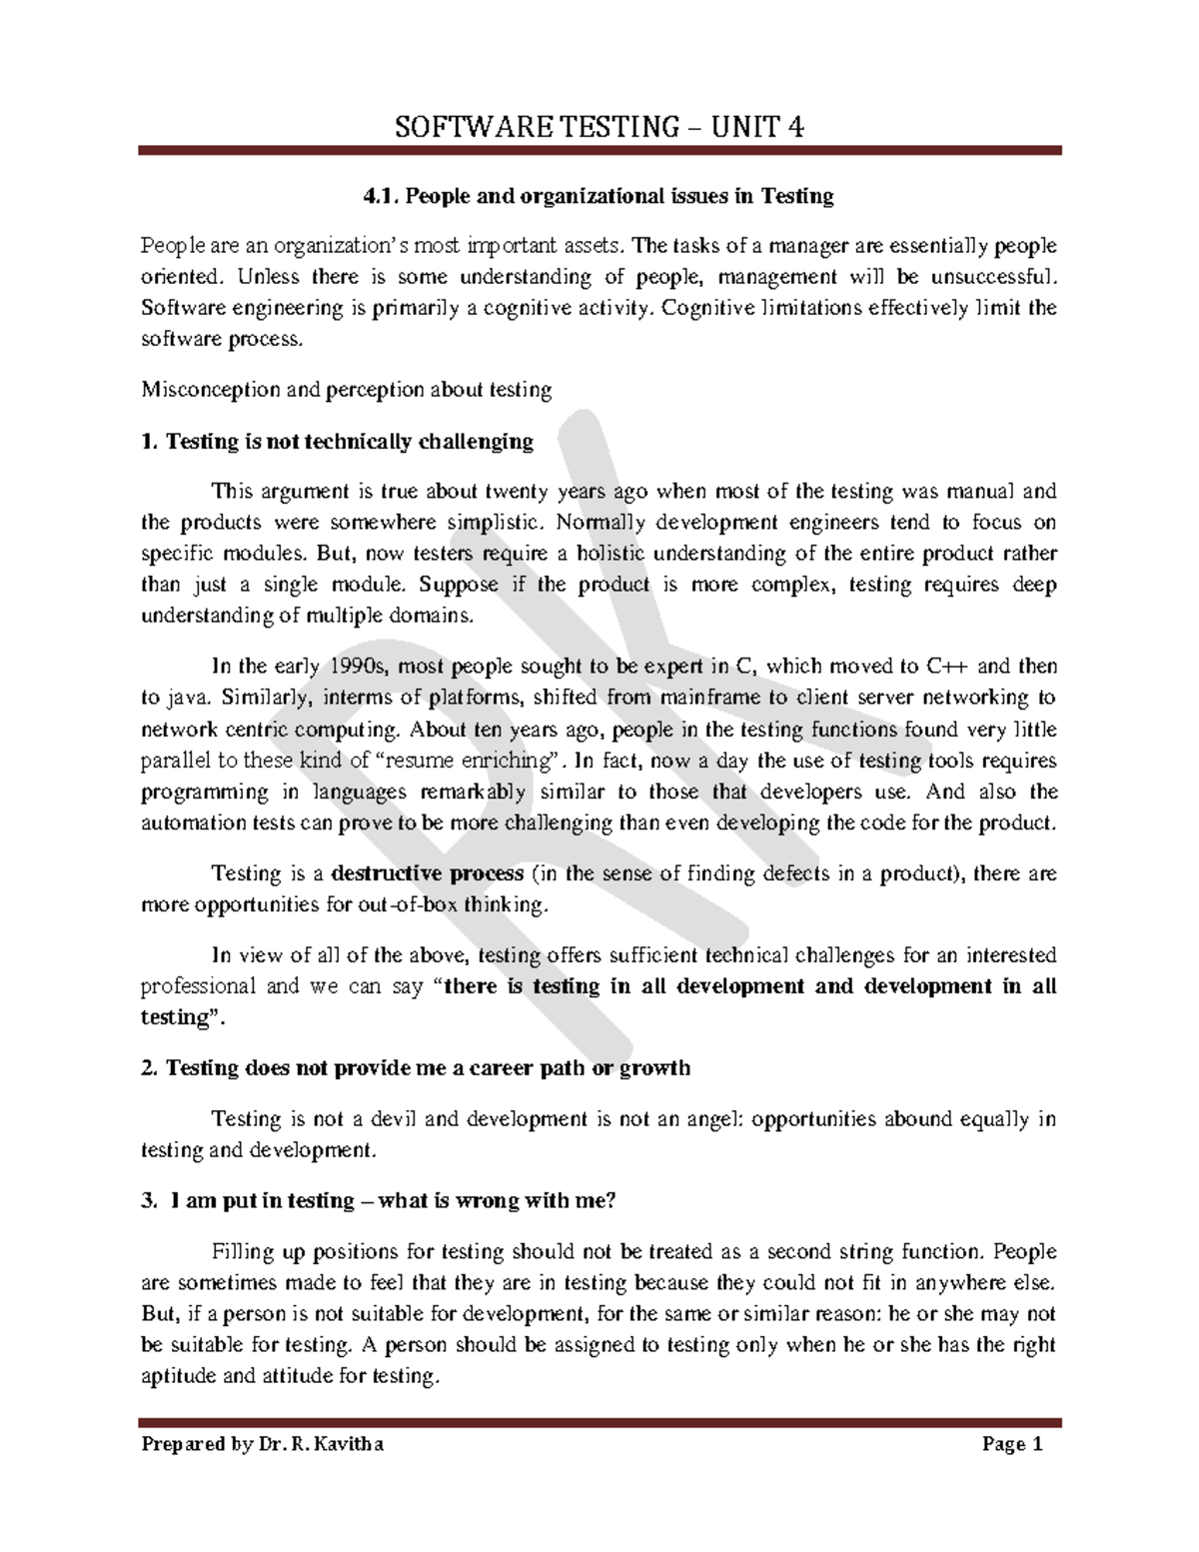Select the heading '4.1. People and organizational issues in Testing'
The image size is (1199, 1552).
599,196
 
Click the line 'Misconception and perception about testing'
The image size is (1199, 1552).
347,390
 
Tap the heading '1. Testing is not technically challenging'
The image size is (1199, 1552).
338,441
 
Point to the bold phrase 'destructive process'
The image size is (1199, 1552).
427,873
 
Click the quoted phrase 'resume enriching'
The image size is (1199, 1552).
469,761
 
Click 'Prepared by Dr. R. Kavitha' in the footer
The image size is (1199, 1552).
263,1444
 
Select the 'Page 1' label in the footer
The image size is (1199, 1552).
1012,1444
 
